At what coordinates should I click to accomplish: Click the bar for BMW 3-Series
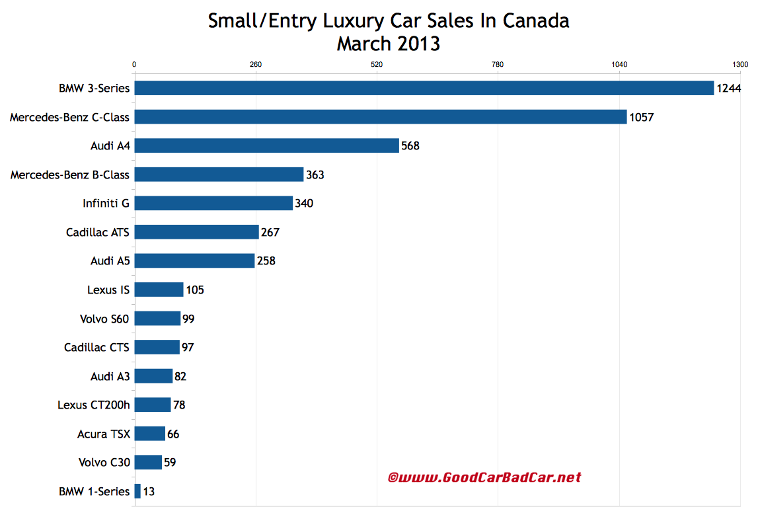[x=423, y=88]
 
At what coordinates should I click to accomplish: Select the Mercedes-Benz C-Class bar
[x=380, y=117]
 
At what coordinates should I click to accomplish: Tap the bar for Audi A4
[x=266, y=145]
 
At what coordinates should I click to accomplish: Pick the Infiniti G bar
[x=213, y=203]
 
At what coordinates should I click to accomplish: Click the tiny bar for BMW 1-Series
[x=137, y=491]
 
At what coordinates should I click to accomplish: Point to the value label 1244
[x=728, y=89]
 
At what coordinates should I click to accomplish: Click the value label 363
[x=315, y=175]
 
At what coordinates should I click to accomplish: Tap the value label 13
[x=149, y=491]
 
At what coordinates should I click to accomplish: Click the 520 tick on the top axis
[x=377, y=65]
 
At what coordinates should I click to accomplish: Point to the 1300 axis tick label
[x=740, y=65]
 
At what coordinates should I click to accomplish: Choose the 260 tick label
[x=256, y=65]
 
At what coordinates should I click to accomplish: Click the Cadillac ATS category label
[x=98, y=232]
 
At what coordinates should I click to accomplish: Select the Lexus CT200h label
[x=93, y=405]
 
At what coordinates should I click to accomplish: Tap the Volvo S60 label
[x=104, y=319]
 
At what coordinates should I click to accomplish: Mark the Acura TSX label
[x=104, y=434]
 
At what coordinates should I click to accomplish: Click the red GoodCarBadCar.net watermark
[x=484, y=477]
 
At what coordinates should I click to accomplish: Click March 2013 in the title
[x=388, y=44]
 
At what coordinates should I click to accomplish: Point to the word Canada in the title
[x=536, y=20]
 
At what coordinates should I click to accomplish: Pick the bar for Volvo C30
[x=148, y=462]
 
